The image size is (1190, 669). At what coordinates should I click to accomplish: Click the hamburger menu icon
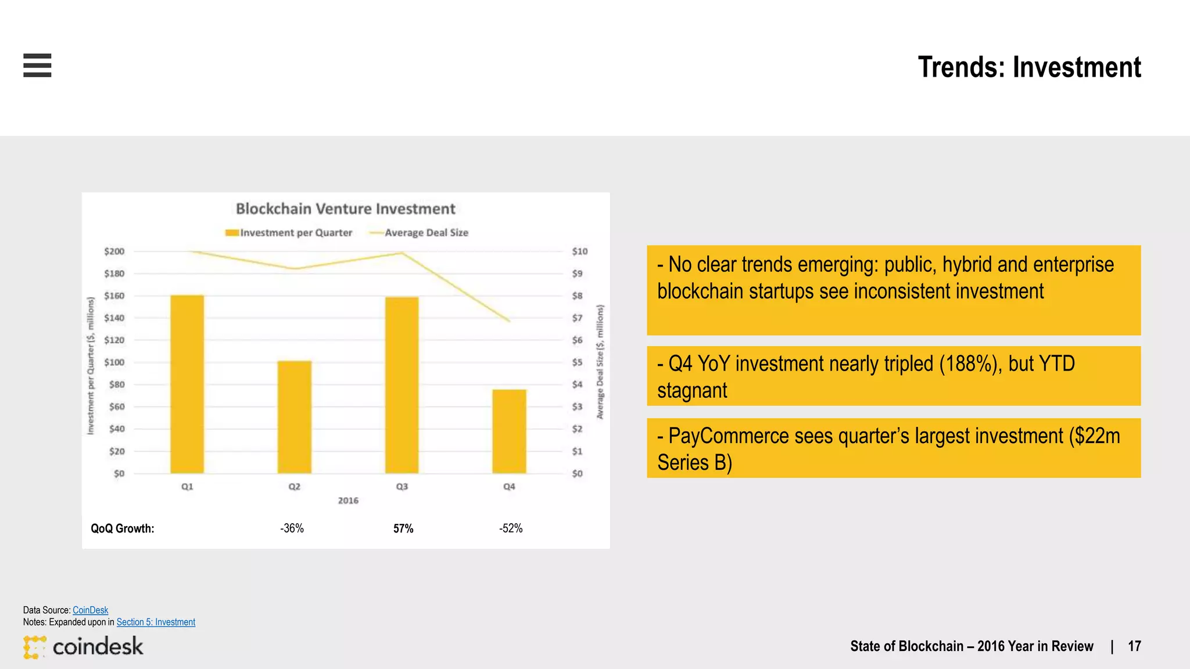[37, 65]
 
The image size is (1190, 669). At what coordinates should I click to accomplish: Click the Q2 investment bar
[295, 417]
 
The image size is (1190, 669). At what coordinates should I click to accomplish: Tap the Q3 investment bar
[402, 385]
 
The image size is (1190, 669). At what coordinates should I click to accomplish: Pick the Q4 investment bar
[509, 431]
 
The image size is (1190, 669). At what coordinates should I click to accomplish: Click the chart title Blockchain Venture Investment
[346, 208]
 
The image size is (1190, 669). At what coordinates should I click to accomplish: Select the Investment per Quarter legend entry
[289, 233]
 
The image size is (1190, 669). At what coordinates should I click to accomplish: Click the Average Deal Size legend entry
[419, 233]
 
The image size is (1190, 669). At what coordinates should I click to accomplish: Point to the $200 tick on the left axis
[114, 251]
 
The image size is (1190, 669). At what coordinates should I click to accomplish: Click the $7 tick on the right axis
[577, 318]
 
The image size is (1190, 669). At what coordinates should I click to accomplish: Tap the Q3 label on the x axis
[402, 487]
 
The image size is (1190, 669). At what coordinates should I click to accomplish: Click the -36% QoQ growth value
[292, 528]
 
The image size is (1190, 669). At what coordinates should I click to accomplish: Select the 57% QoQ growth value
[403, 528]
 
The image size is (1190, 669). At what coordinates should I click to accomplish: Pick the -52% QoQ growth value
[511, 528]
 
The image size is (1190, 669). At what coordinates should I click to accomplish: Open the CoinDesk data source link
[90, 610]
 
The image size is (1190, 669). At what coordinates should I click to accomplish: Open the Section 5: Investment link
[156, 622]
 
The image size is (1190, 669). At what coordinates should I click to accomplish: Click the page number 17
[1134, 646]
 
